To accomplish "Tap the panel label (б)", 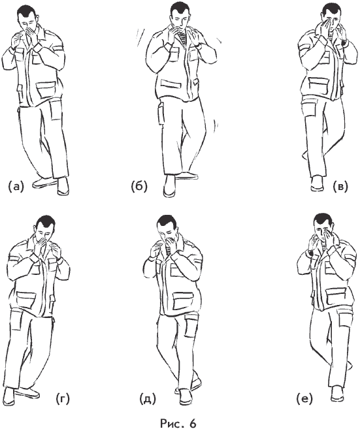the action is tap(139, 186).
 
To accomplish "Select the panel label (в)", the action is tap(340, 186).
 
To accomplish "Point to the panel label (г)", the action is tap(63, 398).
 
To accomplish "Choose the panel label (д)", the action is tap(148, 399).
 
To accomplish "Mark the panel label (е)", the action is tap(304, 398).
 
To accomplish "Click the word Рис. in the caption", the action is tap(171, 423).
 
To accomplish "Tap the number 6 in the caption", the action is tap(193, 423).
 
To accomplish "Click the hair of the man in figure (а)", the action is tap(27, 12).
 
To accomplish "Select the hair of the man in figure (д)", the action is tap(167, 223).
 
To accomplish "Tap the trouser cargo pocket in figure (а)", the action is tap(56, 110).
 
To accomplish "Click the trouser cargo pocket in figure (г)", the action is tap(16, 320).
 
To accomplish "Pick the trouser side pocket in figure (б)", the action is tap(161, 114).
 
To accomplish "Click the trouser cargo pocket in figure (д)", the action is tap(191, 326).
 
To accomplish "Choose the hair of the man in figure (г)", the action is tap(46, 224).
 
